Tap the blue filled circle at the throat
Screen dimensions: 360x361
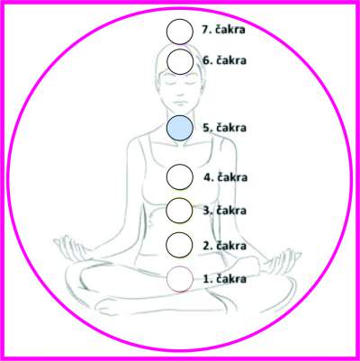coord(180,128)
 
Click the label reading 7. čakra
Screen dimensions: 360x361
coord(223,30)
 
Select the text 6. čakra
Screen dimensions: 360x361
coord(224,60)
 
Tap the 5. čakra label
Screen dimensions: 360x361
coord(224,128)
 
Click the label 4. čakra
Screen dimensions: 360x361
coord(226,177)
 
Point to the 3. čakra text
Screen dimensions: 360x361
coord(224,210)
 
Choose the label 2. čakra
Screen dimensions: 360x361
coord(224,246)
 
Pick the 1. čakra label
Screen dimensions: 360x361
coord(225,279)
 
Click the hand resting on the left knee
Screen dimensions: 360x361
coord(70,248)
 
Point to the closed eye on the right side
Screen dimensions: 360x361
coord(191,83)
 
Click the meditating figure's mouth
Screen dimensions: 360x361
coord(179,103)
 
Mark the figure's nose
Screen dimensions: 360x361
coord(179,93)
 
